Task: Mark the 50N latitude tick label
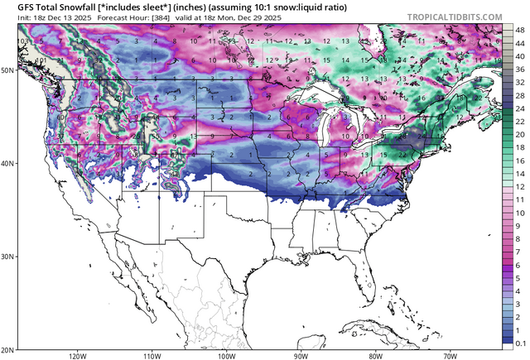point(7,71)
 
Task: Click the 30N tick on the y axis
point(7,257)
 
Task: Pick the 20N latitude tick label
point(7,348)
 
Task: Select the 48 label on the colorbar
point(519,29)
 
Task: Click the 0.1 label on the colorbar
point(519,342)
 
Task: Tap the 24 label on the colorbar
point(519,108)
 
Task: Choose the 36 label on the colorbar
point(519,69)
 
